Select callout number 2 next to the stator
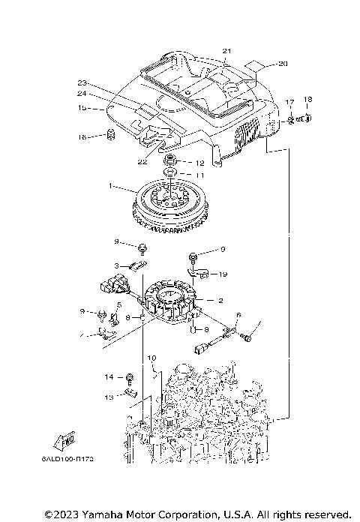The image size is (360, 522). coord(220,300)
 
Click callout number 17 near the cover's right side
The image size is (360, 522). coord(289,101)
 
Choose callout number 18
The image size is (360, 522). coord(307,100)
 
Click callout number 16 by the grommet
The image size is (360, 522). coord(83,136)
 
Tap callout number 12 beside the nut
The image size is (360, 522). coord(199,163)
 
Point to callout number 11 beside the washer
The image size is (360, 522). coord(199,174)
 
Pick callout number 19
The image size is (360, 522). coord(223,274)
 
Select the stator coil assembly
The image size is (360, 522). coord(173,302)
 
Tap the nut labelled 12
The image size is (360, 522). coord(172,161)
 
